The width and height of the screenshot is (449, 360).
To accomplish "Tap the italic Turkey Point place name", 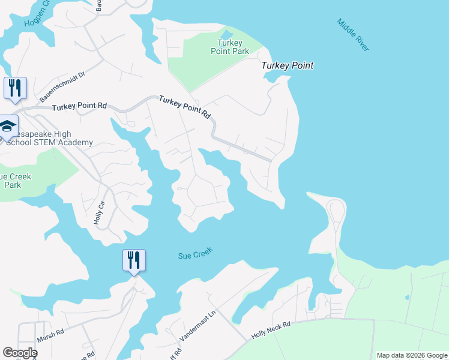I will [288, 65].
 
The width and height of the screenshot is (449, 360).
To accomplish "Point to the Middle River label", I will [352, 35].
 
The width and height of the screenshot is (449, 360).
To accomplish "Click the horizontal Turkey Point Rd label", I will [79, 107].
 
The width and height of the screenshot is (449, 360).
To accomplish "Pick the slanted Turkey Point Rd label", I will [186, 106].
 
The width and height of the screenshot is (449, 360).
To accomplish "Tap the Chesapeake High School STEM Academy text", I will [48, 138].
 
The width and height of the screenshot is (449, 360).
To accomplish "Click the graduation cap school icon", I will [7, 126].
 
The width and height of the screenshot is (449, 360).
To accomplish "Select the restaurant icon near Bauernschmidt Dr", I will [15, 88].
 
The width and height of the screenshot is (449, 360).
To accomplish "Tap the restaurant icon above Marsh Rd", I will [134, 260].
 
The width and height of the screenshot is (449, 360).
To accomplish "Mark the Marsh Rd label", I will [50, 337].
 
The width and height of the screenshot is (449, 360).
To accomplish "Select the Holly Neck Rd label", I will [271, 329].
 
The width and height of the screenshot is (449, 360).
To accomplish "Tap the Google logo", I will [20, 353].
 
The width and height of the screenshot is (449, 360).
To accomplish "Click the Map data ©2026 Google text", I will [411, 355].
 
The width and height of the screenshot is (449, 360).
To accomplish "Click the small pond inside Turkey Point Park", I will [227, 34].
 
